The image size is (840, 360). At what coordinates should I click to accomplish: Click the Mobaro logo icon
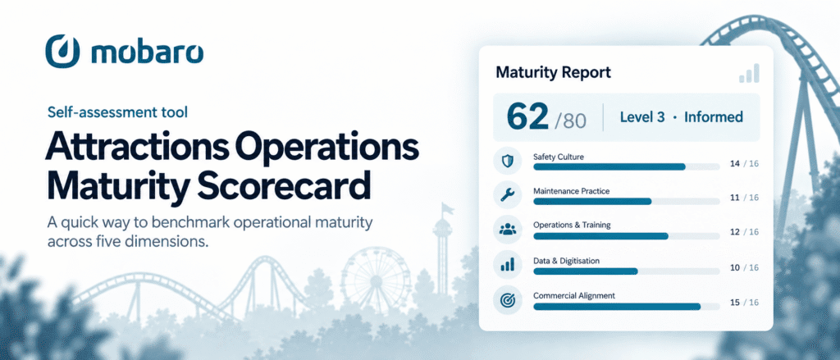coord(62,52)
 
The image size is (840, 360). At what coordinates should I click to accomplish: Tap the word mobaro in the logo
coord(148,52)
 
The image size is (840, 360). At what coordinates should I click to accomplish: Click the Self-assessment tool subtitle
coord(117,112)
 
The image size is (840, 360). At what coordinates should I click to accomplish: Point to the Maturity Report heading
coord(554,72)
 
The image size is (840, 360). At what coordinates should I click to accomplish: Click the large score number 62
coord(527,118)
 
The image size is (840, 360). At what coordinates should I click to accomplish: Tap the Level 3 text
coord(642,117)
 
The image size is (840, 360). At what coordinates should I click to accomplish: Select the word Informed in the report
coord(714,117)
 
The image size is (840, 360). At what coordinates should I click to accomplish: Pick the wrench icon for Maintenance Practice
coord(506,196)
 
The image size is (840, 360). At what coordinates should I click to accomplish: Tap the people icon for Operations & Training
coord(506,230)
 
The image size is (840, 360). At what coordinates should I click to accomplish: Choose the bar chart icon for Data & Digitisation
coord(506,264)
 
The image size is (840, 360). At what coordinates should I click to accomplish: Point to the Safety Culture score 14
coord(735,164)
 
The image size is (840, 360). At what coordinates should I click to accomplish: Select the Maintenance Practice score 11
coord(735,198)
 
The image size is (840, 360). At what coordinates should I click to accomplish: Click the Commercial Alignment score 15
coord(735,303)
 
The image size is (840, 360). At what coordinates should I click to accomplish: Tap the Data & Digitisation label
coord(566,261)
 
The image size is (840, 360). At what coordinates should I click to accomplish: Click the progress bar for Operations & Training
coord(627,236)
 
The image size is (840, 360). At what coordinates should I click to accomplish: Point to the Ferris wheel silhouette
coord(376,280)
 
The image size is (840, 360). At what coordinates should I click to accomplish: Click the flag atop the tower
coord(447,207)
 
